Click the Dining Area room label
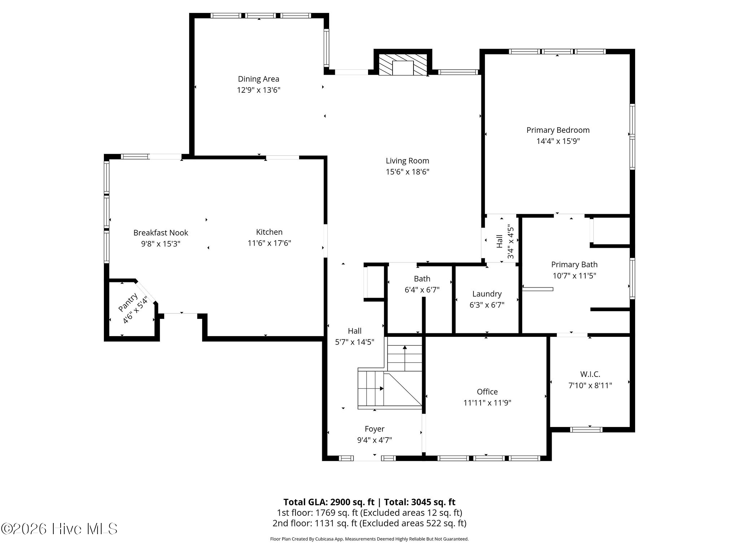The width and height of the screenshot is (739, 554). pos(258,79)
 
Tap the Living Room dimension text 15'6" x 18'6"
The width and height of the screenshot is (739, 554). pos(407,172)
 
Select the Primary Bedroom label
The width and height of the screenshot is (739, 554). pos(558,130)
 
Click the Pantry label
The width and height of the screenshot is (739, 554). pos(128,302)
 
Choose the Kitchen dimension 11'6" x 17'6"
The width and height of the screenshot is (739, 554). pos(269,243)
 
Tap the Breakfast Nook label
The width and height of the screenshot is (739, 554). pos(161,233)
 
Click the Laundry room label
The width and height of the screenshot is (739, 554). pos(487,294)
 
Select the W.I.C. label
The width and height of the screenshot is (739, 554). pos(590,374)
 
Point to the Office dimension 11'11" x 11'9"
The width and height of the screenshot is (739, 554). pos(487,403)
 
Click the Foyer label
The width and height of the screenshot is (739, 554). pos(375,429)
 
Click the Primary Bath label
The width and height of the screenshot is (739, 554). pos(574,265)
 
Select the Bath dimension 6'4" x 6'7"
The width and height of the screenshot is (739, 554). pos(422,290)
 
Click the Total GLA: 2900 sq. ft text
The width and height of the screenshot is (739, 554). pos(329,502)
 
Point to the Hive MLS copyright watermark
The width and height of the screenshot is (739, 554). pos(59,529)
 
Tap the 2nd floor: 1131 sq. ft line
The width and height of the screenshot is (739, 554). pos(369,523)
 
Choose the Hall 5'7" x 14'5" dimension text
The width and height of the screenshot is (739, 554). pos(355,342)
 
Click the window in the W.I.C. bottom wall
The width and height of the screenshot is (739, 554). pos(586,430)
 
